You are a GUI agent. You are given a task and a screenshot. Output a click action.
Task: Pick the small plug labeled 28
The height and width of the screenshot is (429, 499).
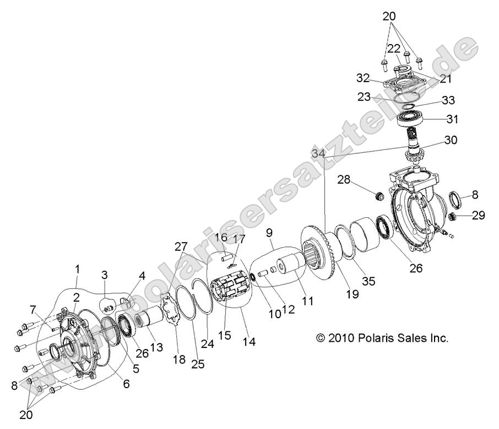[x=378, y=196]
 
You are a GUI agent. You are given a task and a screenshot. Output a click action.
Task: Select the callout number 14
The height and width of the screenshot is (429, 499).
[x=249, y=341]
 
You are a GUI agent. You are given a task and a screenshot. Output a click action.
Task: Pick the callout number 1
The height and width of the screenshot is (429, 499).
[x=78, y=270]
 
